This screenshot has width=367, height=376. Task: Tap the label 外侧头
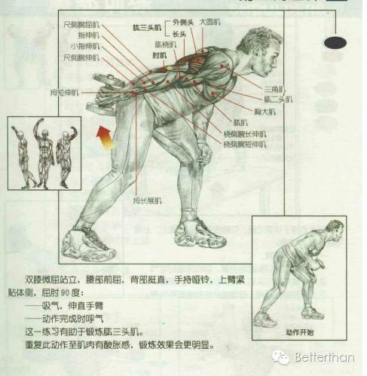click(x=183, y=22)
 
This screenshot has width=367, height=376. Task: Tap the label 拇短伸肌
click(x=58, y=93)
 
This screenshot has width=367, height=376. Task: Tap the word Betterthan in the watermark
click(x=323, y=356)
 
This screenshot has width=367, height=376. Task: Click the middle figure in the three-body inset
click(x=44, y=154)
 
